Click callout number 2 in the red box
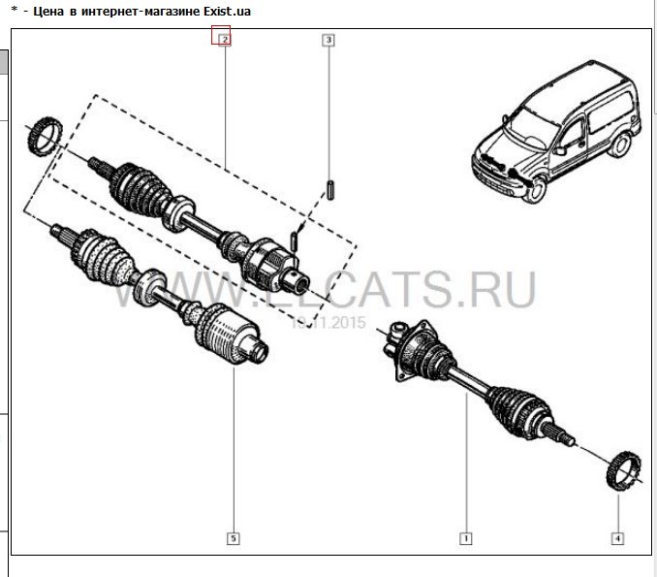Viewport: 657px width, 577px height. tap(223, 40)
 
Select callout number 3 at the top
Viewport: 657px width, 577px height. tap(328, 40)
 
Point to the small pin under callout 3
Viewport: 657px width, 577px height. tap(330, 188)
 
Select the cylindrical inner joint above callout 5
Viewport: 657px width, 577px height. tap(227, 337)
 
